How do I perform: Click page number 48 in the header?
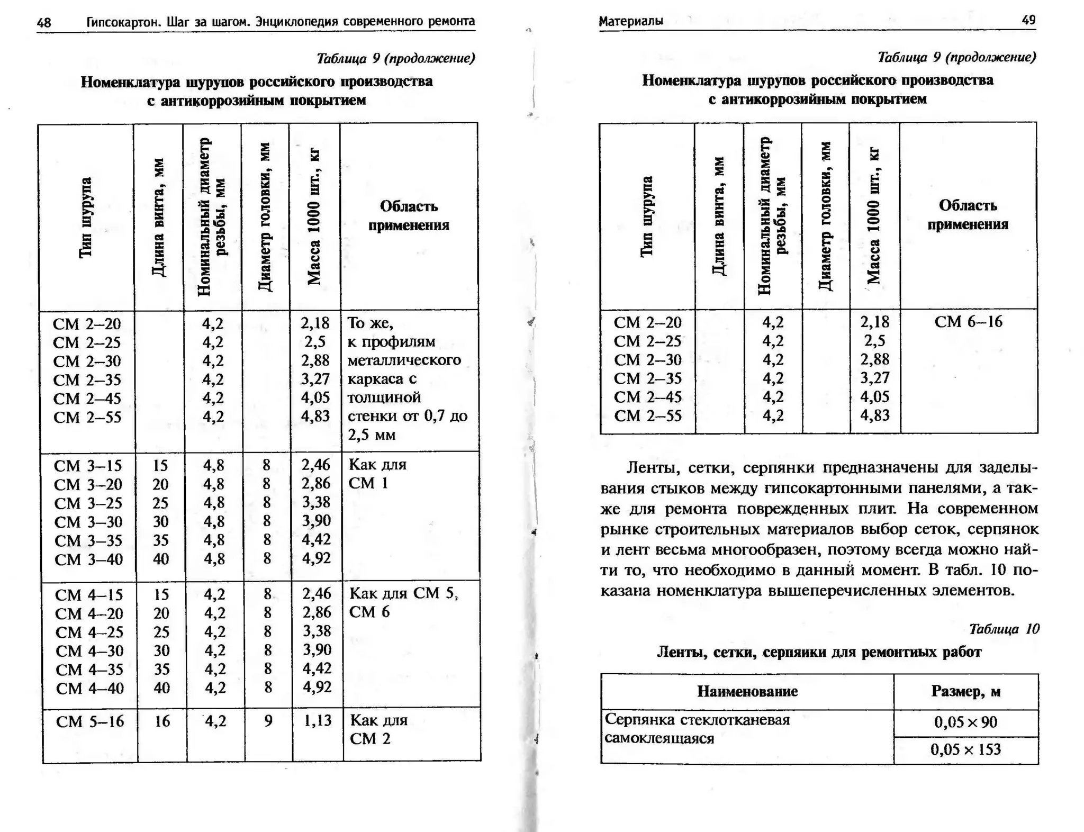[44, 22]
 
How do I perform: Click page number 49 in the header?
[1028, 20]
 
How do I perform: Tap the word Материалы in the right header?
[630, 21]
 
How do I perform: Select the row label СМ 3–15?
[88, 466]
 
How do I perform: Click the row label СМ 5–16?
[90, 721]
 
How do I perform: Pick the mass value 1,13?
[317, 720]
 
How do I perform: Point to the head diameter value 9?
[268, 721]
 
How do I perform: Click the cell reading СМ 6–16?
[968, 322]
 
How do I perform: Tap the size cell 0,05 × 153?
[965, 749]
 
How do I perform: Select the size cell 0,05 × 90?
[965, 722]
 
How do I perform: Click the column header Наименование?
[747, 691]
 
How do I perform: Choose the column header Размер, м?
[965, 691]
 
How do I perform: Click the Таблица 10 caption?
[1004, 629]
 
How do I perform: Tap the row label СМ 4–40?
[90, 688]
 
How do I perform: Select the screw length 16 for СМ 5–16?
[162, 721]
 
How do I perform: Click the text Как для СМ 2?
[378, 729]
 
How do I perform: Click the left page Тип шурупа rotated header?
[86, 218]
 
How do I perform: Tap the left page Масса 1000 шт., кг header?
[314, 218]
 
